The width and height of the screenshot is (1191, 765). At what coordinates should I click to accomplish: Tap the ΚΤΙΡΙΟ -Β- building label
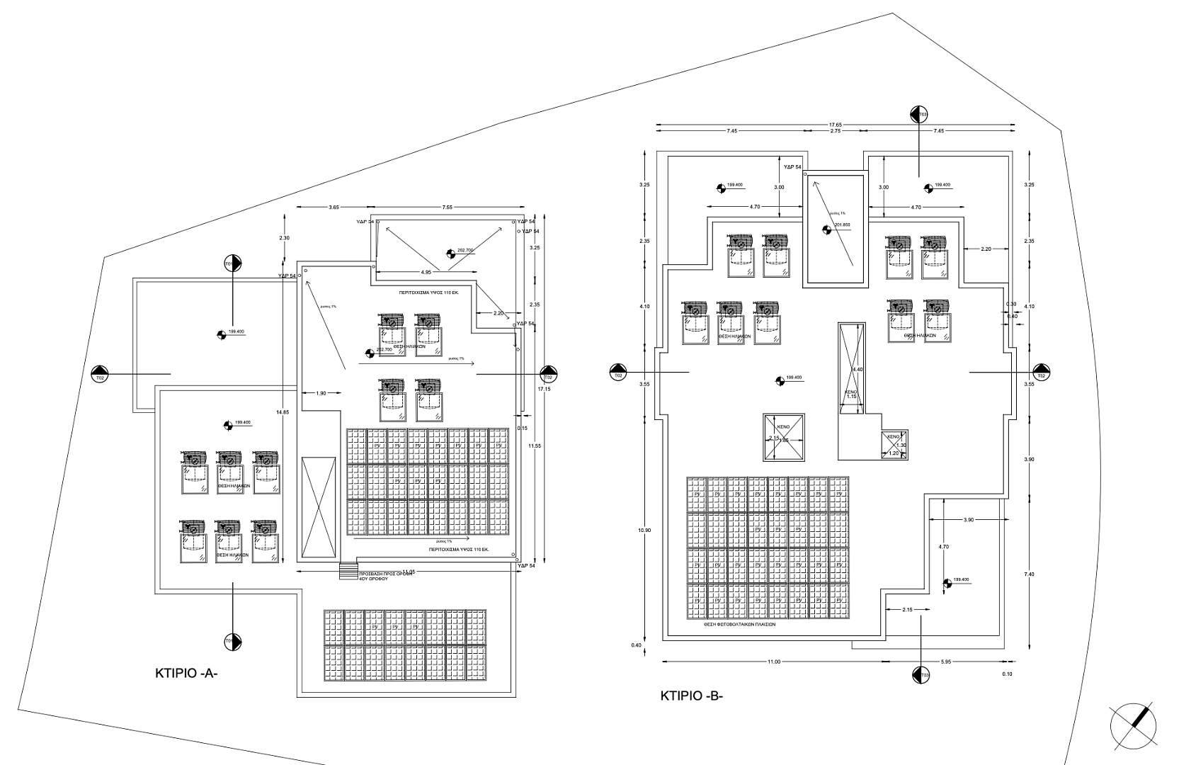[x=691, y=696]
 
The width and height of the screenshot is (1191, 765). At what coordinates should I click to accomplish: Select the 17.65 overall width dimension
[x=836, y=125]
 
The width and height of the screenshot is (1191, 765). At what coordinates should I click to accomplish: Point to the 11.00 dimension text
[x=773, y=662]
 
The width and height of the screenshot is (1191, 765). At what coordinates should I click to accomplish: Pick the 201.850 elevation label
[x=842, y=225]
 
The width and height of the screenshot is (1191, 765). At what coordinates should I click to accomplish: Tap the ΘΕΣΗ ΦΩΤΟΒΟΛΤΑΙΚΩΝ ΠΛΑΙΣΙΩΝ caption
[x=739, y=625]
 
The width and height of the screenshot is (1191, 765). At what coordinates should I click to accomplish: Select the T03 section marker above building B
[x=919, y=114]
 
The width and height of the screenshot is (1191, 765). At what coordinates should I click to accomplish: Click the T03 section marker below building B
[x=921, y=675]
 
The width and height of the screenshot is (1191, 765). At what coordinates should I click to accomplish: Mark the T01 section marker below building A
[x=232, y=642]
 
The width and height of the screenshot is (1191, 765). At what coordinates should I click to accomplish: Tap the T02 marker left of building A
[x=100, y=373]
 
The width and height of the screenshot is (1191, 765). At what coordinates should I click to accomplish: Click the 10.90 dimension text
[x=644, y=531]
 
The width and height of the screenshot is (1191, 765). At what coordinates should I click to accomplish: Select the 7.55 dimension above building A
[x=447, y=207]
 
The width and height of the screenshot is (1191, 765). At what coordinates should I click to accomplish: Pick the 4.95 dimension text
[x=426, y=272]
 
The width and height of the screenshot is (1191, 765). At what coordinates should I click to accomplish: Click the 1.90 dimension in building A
[x=321, y=393]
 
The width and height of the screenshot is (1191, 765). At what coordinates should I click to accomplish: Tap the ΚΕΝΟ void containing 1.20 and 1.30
[x=894, y=445]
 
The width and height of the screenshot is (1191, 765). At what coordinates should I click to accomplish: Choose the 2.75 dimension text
[x=835, y=131]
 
